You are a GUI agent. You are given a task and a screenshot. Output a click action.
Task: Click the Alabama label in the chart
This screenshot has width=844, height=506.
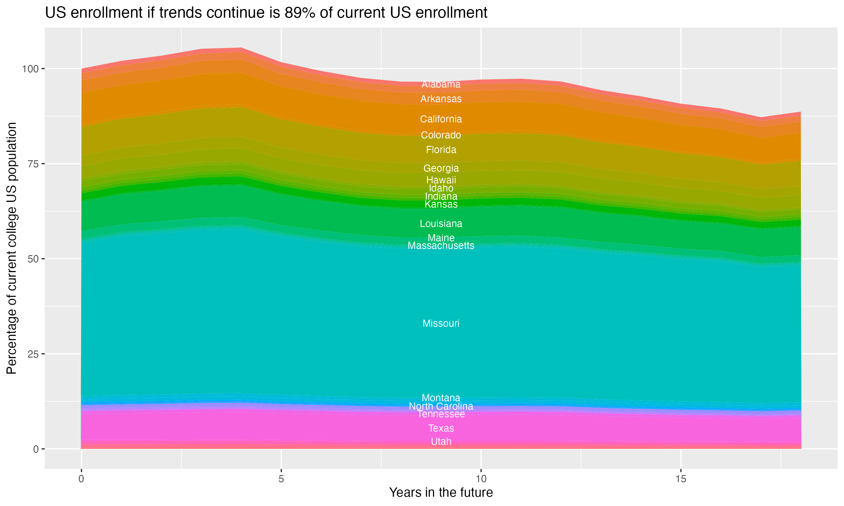(x=441, y=84)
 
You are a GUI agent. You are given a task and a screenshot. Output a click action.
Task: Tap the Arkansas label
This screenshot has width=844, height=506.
(x=441, y=99)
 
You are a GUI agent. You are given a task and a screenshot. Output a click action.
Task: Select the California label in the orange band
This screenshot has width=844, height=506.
(x=441, y=119)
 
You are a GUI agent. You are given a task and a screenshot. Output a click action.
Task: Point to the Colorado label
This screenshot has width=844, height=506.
(x=441, y=135)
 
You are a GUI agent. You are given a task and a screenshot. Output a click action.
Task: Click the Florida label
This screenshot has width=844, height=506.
(x=441, y=150)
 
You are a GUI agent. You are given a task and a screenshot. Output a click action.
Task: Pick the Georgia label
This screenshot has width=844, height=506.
(x=441, y=168)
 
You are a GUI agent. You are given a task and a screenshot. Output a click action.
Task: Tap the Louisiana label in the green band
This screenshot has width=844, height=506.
(x=441, y=224)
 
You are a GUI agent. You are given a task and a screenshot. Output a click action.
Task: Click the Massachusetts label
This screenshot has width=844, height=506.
(x=441, y=245)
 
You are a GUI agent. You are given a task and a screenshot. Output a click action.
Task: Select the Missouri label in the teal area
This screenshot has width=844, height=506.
(x=441, y=323)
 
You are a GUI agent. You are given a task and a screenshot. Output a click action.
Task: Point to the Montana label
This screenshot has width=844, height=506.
(x=441, y=397)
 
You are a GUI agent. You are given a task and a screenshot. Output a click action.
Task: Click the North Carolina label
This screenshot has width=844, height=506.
(x=441, y=406)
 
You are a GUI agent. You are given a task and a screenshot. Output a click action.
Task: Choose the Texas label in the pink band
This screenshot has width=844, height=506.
(x=441, y=428)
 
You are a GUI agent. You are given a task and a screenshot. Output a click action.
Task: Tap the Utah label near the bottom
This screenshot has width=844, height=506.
(x=441, y=442)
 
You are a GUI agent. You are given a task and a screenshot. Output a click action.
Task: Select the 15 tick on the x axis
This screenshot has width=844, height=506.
(x=681, y=479)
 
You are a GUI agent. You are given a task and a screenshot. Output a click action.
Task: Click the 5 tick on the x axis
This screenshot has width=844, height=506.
(x=281, y=479)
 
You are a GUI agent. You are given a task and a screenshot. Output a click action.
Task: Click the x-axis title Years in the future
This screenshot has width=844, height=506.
(x=441, y=492)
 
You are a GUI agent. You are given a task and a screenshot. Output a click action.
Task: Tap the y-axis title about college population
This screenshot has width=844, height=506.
(x=12, y=248)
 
